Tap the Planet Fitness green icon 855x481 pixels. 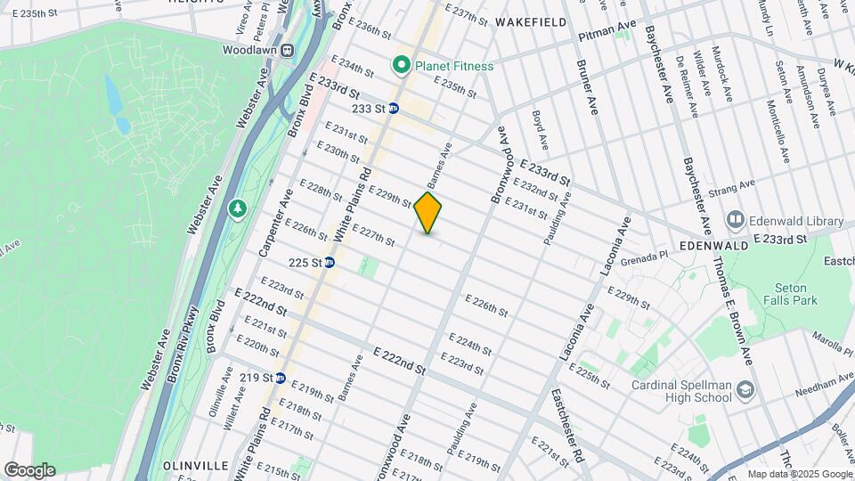point(402,65)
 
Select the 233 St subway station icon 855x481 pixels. point(393,109)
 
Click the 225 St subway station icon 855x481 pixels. point(330,263)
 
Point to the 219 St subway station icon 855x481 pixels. point(280,378)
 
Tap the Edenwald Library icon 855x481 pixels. point(736,219)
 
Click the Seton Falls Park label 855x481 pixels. point(785,294)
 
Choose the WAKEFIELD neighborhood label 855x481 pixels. point(531,20)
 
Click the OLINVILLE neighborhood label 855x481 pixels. point(191,466)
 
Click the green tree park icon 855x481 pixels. point(237,208)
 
